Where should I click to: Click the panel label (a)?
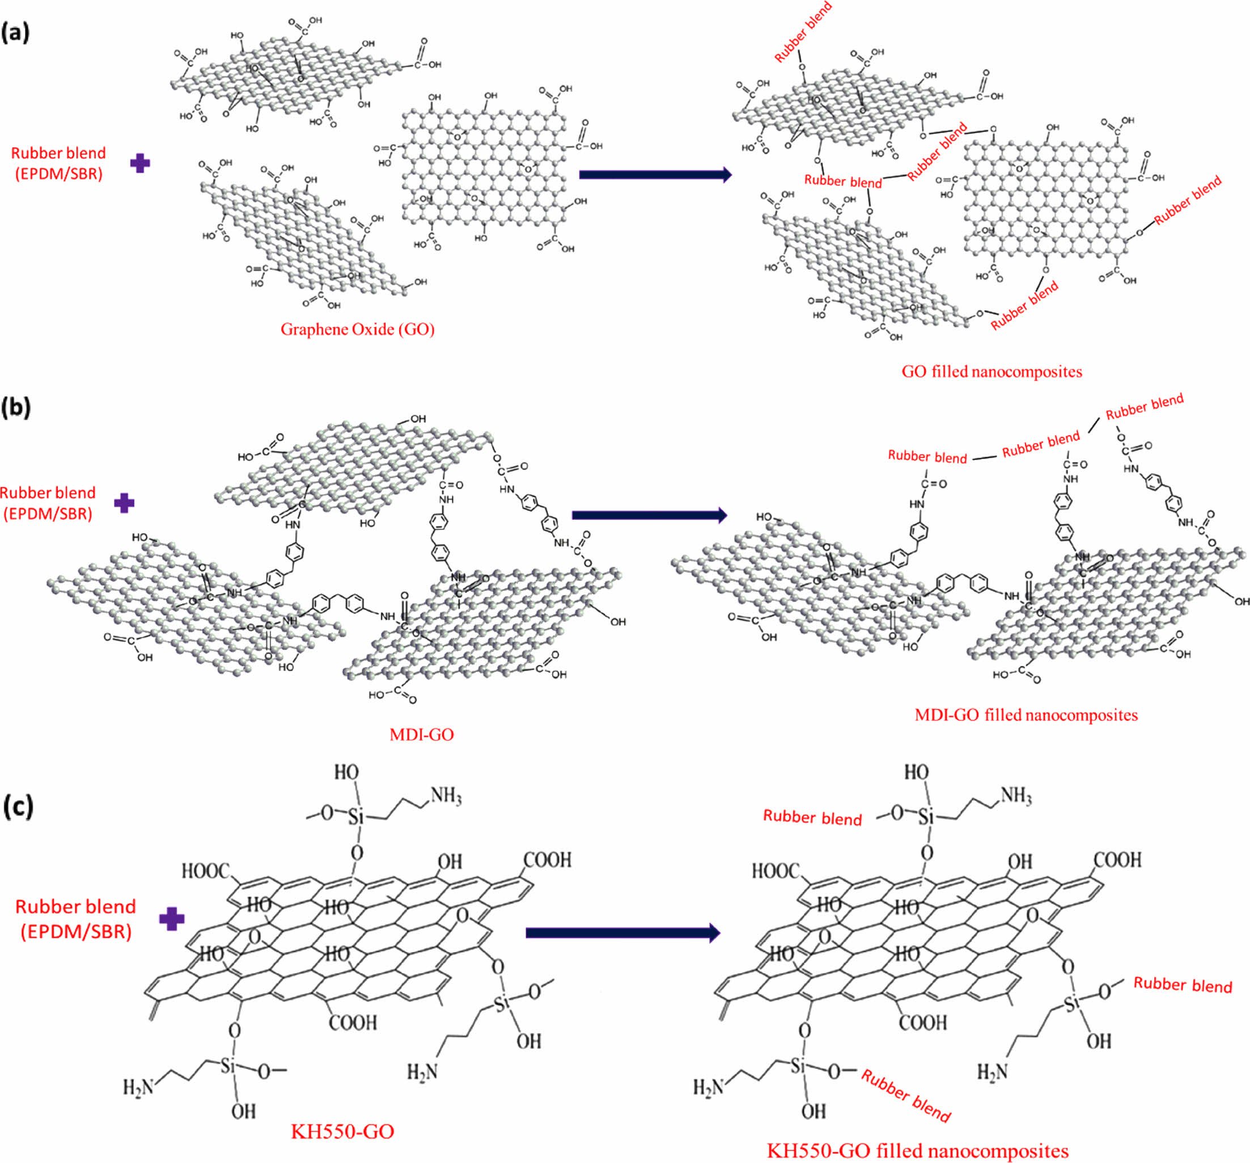[16, 31]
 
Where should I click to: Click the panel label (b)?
[16, 408]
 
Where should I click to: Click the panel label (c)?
[18, 807]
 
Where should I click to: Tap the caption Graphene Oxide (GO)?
[357, 329]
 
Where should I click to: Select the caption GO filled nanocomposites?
[991, 372]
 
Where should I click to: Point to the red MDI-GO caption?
[421, 735]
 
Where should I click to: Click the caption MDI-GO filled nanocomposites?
[1026, 715]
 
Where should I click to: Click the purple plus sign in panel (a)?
[139, 163]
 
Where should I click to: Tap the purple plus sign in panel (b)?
[124, 503]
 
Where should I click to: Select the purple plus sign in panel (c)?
[172, 919]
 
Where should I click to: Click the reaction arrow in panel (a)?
[655, 174]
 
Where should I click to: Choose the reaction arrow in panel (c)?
[622, 933]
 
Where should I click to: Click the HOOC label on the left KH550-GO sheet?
[206, 871]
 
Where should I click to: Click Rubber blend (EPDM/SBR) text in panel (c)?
[75, 919]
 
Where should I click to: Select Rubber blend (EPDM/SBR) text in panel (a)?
[58, 163]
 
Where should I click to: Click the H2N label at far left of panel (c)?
[138, 1087]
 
